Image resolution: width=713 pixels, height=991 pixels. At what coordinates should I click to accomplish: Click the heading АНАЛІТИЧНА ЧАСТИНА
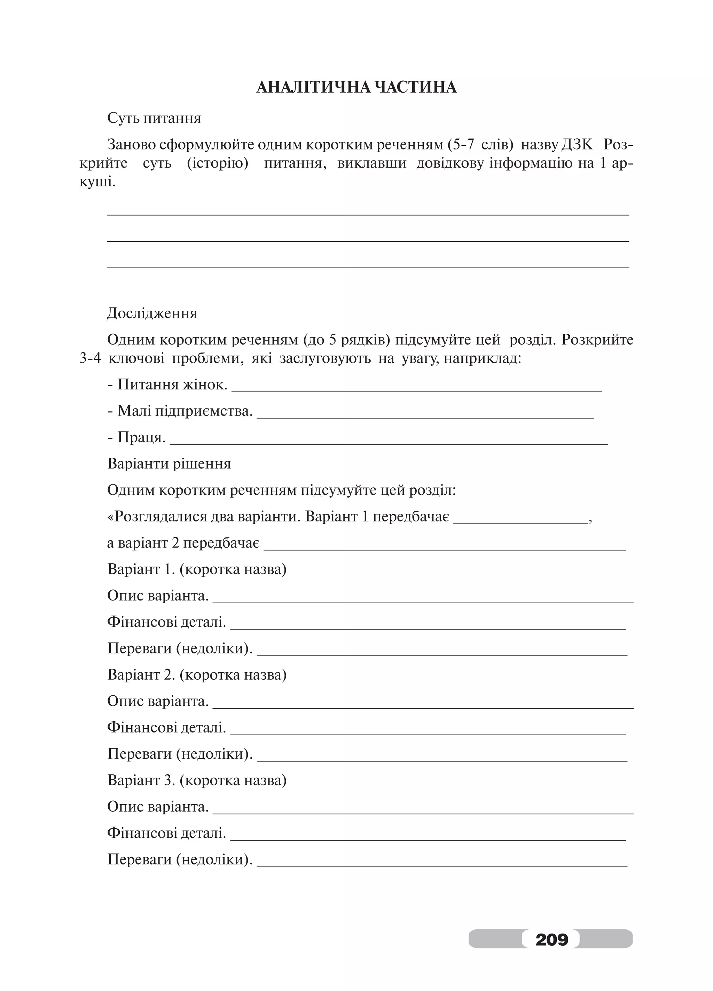(x=356, y=87)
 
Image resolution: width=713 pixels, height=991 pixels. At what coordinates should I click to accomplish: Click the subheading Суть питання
(x=154, y=118)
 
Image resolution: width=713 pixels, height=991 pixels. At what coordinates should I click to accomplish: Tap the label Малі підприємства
(x=180, y=411)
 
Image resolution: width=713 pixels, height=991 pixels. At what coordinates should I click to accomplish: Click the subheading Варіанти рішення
(x=169, y=463)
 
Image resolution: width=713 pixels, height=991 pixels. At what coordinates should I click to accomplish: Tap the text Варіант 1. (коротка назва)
(x=197, y=569)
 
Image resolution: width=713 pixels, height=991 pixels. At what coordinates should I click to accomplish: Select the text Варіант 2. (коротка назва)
(x=197, y=674)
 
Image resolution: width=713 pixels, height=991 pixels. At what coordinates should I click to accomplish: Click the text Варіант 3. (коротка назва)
(x=197, y=780)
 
